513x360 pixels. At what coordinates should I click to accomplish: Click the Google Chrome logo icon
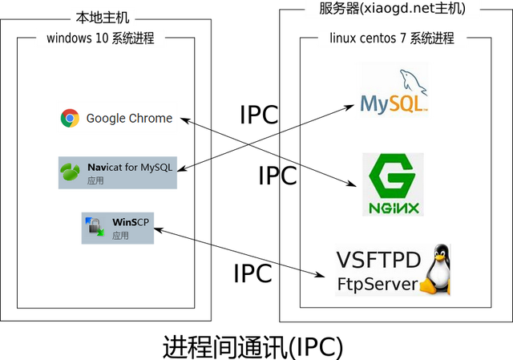pyautogui.click(x=71, y=118)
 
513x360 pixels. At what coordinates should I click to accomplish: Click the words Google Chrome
pyautogui.click(x=129, y=118)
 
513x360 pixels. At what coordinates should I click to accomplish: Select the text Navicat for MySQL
pyautogui.click(x=130, y=168)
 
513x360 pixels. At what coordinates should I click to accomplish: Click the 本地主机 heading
pyautogui.click(x=101, y=17)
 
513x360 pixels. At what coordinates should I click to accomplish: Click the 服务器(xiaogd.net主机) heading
pyautogui.click(x=393, y=10)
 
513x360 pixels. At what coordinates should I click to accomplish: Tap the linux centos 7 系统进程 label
pyautogui.click(x=392, y=38)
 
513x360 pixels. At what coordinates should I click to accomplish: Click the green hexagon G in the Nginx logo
pyautogui.click(x=393, y=175)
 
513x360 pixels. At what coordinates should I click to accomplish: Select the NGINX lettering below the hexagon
pyautogui.click(x=393, y=207)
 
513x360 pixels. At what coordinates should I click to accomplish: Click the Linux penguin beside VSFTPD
pyautogui.click(x=436, y=270)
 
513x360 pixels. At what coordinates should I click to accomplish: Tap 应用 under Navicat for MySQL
pyautogui.click(x=95, y=181)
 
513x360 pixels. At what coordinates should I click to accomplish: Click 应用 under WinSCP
pyautogui.click(x=120, y=236)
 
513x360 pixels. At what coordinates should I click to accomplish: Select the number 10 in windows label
pyautogui.click(x=106, y=38)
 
